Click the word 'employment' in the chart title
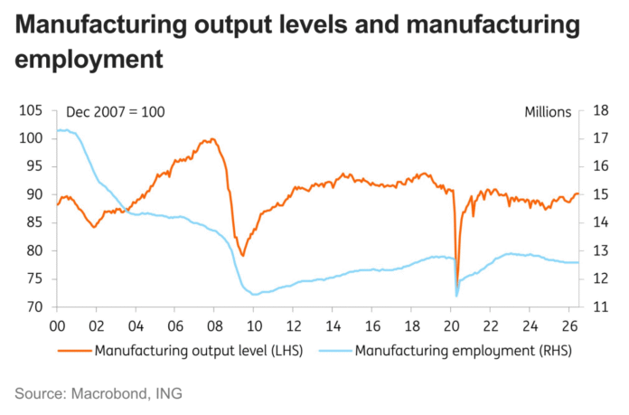coord(89,60)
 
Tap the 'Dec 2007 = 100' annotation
coord(115,112)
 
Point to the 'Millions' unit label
coord(548,112)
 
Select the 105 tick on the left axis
coord(31,110)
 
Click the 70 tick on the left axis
coord(34,307)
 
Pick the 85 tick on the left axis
coord(34,222)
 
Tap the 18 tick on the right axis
coord(600,110)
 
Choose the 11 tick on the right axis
coord(600,307)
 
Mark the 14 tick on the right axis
coord(600,222)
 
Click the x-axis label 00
coord(57,326)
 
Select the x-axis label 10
coord(254,326)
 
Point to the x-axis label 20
coord(451,326)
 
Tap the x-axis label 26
coord(569,326)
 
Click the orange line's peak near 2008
coord(212,139)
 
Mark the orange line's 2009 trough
coord(243,255)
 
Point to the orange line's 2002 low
coord(94,227)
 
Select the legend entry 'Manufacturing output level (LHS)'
coord(181,351)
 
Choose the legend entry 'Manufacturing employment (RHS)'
coord(446,351)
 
